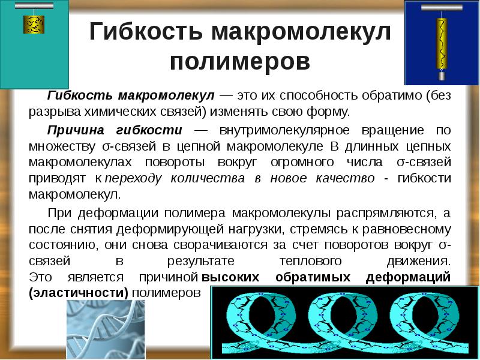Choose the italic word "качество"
pos(346,179)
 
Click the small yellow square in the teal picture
pos(31,25)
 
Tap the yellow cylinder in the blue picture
pos(442,42)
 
